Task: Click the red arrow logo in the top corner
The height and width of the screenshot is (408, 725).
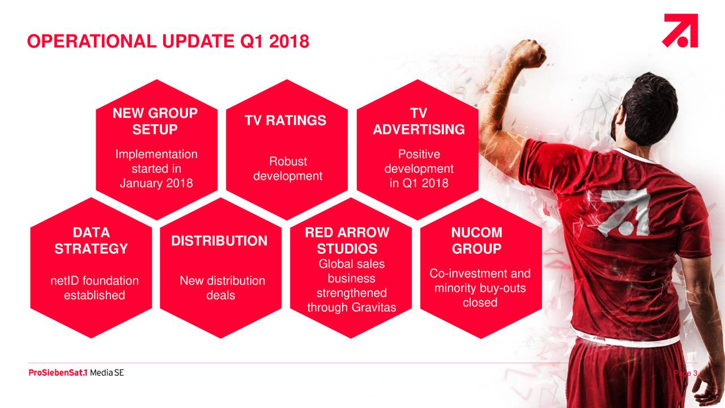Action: [680, 31]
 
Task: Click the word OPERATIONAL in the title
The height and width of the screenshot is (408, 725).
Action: [92, 41]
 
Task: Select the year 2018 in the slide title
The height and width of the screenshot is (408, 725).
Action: [289, 41]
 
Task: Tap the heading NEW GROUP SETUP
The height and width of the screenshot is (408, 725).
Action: [155, 121]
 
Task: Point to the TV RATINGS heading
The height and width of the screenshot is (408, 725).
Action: [285, 121]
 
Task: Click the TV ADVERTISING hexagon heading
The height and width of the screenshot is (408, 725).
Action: [419, 121]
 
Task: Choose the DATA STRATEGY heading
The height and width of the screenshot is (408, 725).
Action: [91, 241]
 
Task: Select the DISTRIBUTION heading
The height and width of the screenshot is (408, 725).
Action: [219, 241]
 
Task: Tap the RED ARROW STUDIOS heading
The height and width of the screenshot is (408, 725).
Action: [347, 241]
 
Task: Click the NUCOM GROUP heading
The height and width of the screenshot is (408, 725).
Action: [477, 241]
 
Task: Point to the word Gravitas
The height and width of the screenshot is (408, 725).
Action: [377, 307]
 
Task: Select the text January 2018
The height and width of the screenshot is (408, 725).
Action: [156, 183]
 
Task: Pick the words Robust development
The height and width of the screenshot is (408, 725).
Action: [288, 169]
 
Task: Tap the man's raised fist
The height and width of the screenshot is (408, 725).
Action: [528, 53]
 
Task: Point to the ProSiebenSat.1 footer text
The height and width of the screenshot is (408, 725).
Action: [58, 373]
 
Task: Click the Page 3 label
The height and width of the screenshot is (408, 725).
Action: [685, 373]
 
